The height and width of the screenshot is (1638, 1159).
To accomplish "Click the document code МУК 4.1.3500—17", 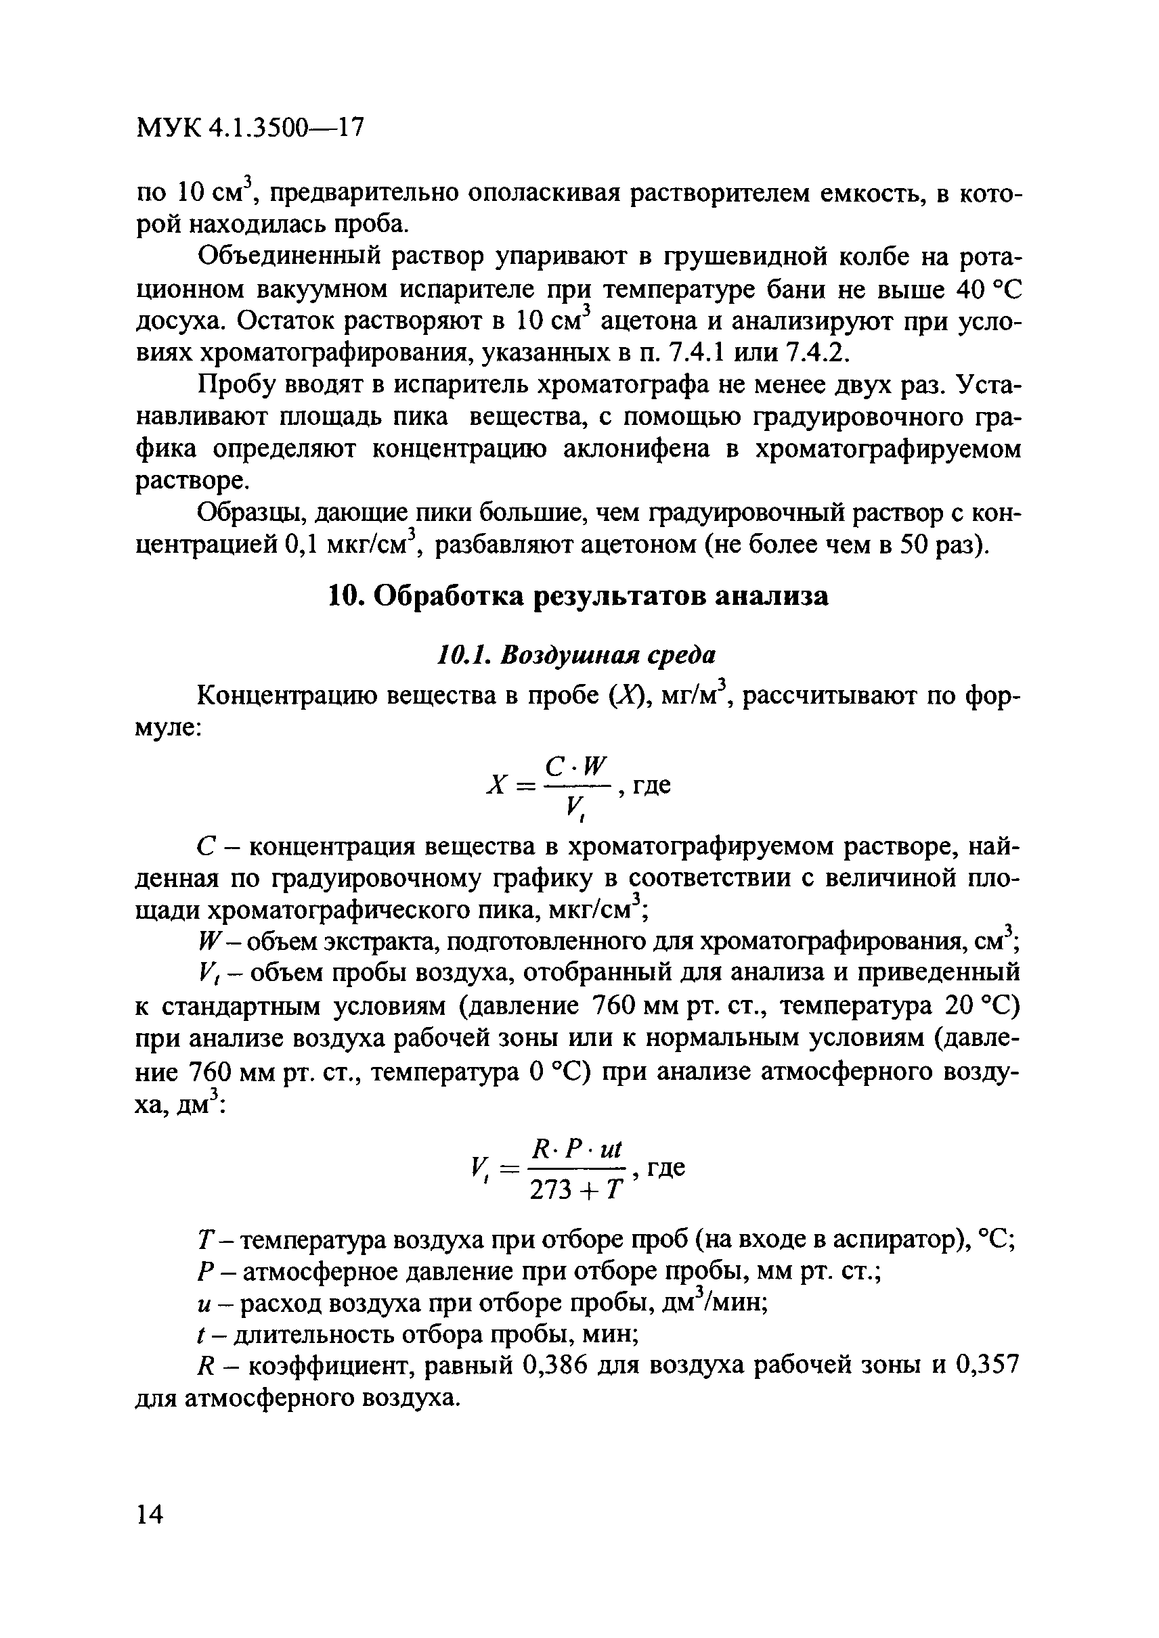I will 250,128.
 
